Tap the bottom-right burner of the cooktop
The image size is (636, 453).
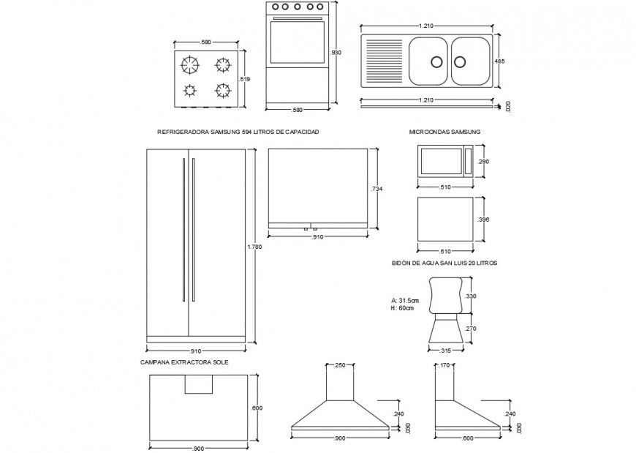(222, 90)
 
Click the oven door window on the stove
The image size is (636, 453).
(297, 42)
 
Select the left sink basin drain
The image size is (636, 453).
(436, 61)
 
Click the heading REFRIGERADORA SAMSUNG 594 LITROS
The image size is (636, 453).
(238, 132)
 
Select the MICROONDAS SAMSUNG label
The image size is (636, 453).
(444, 132)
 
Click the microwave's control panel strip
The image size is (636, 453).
(468, 162)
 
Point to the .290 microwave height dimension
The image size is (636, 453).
(482, 162)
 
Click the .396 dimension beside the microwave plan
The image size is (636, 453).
(482, 220)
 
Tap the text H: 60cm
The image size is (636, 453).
(402, 308)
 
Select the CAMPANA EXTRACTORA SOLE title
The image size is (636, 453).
(184, 362)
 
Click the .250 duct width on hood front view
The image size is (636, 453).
(339, 365)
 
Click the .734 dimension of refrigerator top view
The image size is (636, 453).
(376, 190)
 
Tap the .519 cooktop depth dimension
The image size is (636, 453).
(245, 79)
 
